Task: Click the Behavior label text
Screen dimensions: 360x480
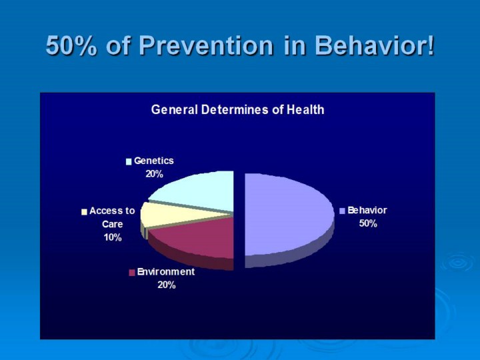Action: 367,210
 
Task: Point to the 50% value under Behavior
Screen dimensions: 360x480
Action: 368,223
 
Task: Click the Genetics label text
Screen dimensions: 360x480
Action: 153,161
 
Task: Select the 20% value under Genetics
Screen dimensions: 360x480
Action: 154,174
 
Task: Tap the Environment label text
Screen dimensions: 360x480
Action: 166,272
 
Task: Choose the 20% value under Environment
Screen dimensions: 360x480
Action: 167,285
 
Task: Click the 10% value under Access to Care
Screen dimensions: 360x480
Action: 112,238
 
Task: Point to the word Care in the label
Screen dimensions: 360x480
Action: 112,224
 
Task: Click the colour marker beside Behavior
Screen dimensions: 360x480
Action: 343,211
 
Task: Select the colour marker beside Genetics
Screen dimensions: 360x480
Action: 129,161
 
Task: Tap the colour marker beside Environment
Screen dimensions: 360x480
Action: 132,273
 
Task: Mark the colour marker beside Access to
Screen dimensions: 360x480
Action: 84,211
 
